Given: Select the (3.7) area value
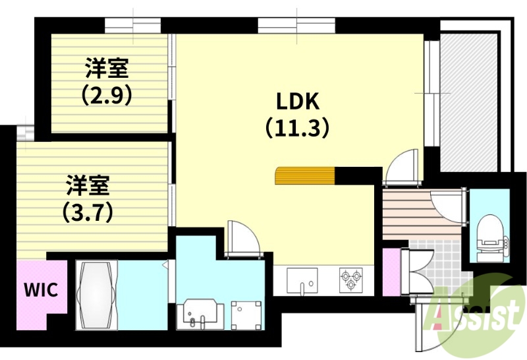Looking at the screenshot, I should point(87,212).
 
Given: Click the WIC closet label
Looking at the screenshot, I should point(42,289).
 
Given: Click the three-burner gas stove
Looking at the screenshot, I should point(350,280).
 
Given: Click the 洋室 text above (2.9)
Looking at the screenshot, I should point(106,68).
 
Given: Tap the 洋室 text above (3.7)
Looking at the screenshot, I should point(87,185).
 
